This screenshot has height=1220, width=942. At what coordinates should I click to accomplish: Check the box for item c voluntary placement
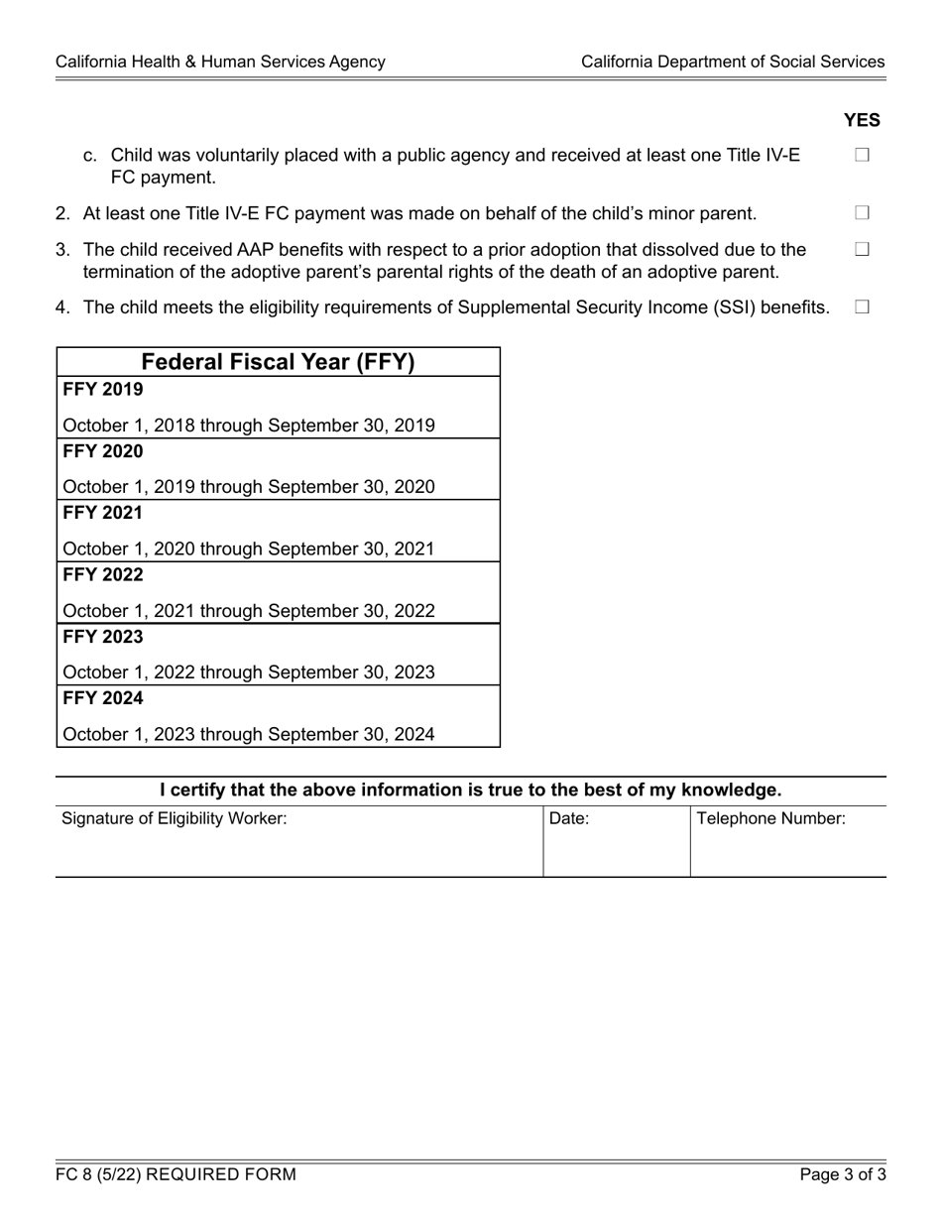[x=861, y=156]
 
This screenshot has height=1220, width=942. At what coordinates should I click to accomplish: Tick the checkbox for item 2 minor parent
[x=861, y=213]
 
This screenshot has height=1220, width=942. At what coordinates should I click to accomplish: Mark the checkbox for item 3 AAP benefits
[x=861, y=249]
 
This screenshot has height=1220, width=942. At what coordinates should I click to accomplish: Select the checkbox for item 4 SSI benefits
[x=861, y=307]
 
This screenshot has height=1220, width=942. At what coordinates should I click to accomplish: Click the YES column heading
[x=862, y=120]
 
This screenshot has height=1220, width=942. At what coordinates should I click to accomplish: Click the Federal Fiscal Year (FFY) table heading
[x=279, y=362]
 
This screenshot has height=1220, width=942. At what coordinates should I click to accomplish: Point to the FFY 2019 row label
[x=103, y=389]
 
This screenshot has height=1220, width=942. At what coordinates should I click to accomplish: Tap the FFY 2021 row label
[x=103, y=513]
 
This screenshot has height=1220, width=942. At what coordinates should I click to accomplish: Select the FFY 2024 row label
[x=103, y=698]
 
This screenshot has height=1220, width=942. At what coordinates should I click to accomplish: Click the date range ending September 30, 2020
[x=249, y=487]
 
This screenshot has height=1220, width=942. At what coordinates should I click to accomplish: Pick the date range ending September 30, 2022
[x=249, y=611]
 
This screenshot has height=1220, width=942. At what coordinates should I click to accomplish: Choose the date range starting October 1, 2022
[x=249, y=672]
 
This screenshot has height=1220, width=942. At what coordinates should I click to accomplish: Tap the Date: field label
[x=569, y=819]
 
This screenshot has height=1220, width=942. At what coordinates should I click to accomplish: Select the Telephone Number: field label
[x=771, y=819]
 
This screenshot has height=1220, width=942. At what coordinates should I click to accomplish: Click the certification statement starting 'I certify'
[x=471, y=791]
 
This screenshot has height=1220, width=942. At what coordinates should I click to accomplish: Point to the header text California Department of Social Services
[x=733, y=61]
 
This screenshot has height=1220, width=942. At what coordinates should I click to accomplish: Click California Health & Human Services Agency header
[x=220, y=61]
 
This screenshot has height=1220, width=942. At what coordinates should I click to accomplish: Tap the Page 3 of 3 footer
[x=844, y=1175]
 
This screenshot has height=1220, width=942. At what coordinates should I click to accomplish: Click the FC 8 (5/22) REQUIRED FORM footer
[x=176, y=1175]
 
